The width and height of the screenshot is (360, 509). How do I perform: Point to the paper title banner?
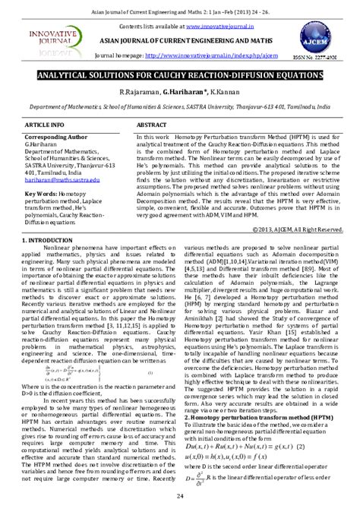tap(179, 77)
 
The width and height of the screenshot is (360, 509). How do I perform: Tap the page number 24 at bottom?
tap(180, 497)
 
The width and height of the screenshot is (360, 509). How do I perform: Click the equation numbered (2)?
tap(245, 446)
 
